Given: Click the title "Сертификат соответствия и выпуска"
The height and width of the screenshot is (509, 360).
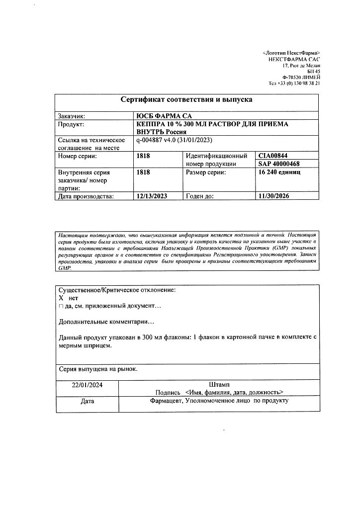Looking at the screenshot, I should [x=186, y=99].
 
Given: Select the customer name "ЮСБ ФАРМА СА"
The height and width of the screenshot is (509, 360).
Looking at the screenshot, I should [x=164, y=116].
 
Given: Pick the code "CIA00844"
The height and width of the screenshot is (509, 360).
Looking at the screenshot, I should [x=273, y=156].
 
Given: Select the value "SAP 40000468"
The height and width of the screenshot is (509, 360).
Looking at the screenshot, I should [x=279, y=164].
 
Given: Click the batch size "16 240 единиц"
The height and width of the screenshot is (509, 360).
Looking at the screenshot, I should [x=279, y=172].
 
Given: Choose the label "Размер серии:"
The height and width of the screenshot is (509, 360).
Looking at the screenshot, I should [x=206, y=172].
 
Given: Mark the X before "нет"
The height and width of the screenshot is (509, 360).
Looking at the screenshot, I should [x=61, y=297].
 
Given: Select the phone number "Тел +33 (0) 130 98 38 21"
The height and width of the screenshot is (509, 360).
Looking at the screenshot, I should [x=294, y=84].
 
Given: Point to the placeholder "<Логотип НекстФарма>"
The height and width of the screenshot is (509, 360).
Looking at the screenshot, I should [x=291, y=53].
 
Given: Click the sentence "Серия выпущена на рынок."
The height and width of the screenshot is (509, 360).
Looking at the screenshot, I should [x=98, y=369].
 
